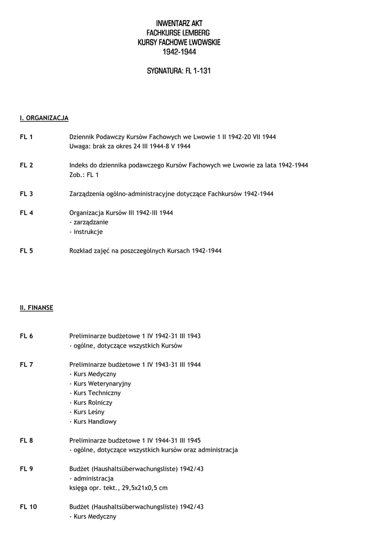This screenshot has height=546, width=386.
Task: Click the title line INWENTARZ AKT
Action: [179, 23]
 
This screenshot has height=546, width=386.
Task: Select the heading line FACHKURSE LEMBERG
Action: [179, 33]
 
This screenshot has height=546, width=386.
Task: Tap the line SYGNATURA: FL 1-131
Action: [179, 71]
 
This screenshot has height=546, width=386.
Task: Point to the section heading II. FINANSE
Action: [36, 308]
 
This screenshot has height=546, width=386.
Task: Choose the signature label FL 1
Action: [27, 137]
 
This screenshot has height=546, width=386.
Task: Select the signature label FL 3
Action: [27, 194]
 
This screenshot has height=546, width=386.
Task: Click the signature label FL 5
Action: [27, 251]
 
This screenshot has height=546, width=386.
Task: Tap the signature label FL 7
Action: [27, 364]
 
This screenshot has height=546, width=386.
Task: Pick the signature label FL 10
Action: [28, 507]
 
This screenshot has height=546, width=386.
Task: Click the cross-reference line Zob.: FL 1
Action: [84, 175]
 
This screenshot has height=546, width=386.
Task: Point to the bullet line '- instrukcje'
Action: [86, 232]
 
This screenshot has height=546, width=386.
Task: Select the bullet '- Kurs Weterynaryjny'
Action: [100, 383]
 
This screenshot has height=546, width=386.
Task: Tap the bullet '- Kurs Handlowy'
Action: [93, 421]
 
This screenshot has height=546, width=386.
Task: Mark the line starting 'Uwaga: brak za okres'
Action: [130, 146]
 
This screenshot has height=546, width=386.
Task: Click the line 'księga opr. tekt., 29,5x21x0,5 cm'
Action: [118, 488]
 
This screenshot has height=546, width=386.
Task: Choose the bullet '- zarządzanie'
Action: [89, 222]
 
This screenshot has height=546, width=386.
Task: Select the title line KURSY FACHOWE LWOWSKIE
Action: [179, 43]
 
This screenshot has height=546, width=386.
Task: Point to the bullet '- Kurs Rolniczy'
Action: [92, 402]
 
